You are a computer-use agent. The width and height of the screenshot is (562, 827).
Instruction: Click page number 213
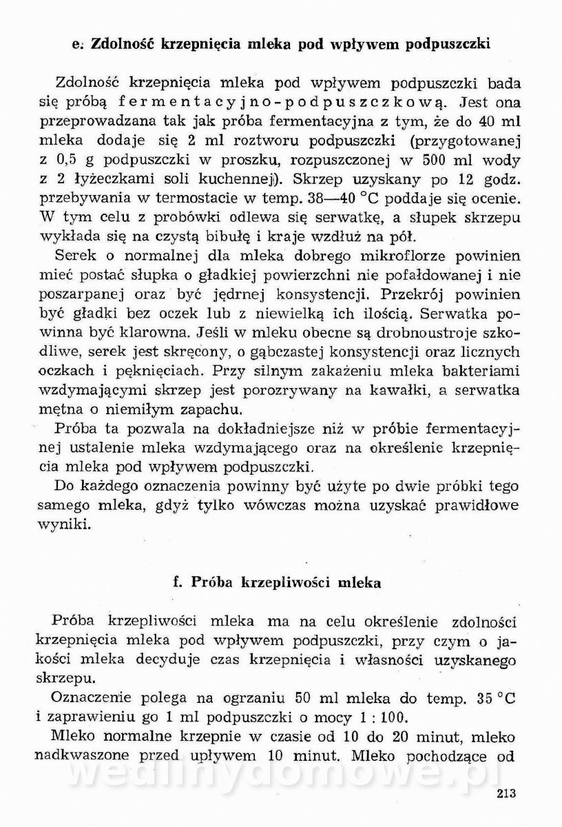click(x=505, y=793)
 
